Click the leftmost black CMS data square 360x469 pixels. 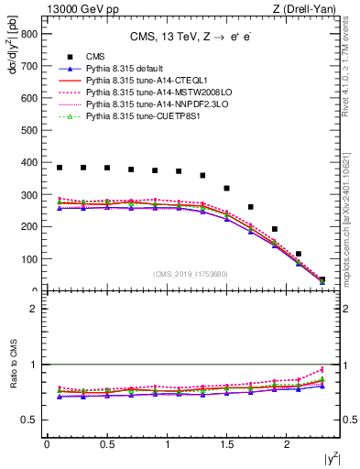[x=60, y=168]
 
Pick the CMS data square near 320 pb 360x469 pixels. [x=226, y=188]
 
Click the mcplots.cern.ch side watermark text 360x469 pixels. [x=352, y=220]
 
